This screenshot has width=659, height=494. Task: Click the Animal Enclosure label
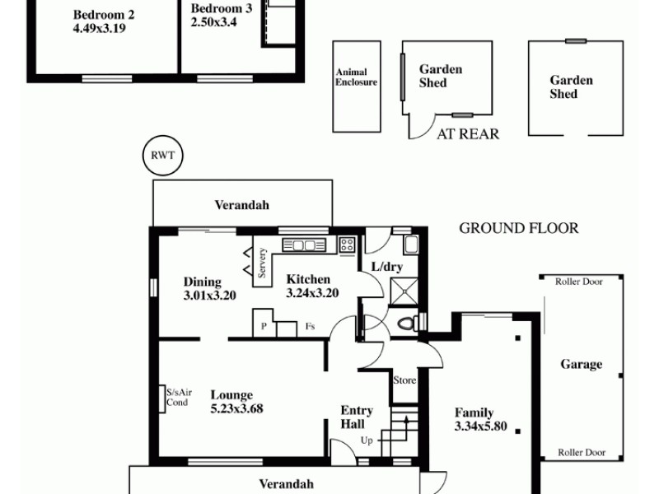click(356, 77)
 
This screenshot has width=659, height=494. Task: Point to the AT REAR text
click(468, 134)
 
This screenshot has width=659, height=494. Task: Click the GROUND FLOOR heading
click(518, 228)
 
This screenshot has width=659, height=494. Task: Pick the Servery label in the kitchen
click(262, 263)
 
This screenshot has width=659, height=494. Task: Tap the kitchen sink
click(305, 245)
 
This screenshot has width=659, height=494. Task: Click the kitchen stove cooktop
click(347, 244)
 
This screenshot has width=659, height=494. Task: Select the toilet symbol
click(407, 323)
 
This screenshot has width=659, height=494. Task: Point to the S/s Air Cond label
click(177, 397)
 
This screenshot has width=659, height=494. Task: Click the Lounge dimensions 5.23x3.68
click(236, 408)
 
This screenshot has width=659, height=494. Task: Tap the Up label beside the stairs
click(367, 440)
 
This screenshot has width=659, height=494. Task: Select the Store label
click(404, 380)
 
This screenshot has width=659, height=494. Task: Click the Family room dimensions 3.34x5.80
click(480, 426)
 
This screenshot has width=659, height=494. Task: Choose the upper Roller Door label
click(579, 282)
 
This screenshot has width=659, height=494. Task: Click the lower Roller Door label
click(582, 452)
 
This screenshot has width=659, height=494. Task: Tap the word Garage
click(581, 364)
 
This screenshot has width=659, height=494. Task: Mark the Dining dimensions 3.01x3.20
click(210, 295)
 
